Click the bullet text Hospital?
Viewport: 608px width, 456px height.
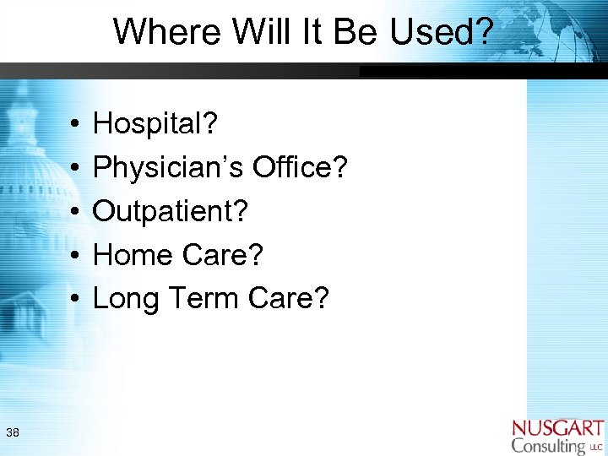(x=155, y=125)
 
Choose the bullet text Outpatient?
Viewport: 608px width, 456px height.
(x=171, y=211)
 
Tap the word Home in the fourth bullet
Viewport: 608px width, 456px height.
(x=131, y=254)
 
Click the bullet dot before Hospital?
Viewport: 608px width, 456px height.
(x=75, y=125)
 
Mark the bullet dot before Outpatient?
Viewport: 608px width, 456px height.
(x=75, y=211)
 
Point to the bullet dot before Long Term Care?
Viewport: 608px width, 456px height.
(x=75, y=297)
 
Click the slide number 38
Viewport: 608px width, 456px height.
(x=13, y=433)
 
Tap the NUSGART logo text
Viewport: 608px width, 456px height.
(x=557, y=427)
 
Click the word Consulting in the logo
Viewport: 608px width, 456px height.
(x=548, y=445)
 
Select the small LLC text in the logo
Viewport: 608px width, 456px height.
(x=596, y=447)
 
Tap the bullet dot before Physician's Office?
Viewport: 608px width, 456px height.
(x=75, y=168)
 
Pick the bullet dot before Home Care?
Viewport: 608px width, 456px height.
(x=75, y=254)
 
